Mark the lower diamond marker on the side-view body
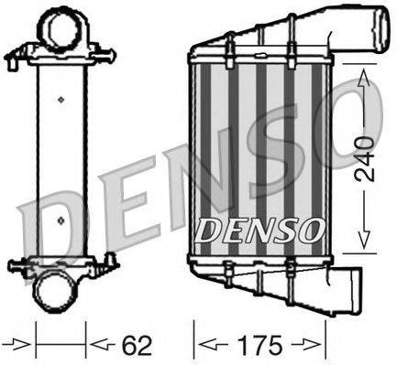pyautogui.click(x=61, y=220)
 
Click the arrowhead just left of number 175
pyautogui.click(x=208, y=347)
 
